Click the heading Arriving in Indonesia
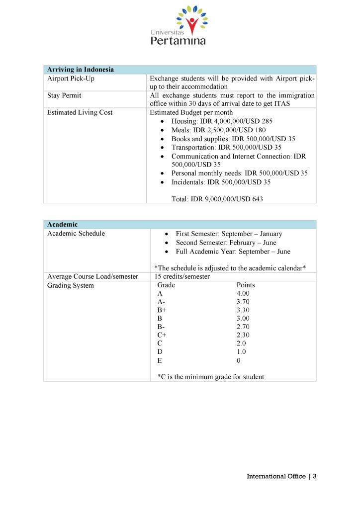point(80,70)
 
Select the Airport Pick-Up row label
point(71,79)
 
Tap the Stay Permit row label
point(64,95)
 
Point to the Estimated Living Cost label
point(80,112)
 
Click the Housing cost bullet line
point(222,121)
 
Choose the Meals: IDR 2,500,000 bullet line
point(218,130)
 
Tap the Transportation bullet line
point(226,147)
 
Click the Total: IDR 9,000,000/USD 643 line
point(217,199)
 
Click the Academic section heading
point(62,225)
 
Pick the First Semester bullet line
point(229,234)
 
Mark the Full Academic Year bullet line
point(233,252)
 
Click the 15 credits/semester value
point(182,276)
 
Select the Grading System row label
point(70,285)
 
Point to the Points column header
point(246,285)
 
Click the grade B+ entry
point(162,310)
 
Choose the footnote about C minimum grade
point(210,377)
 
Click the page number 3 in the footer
point(314,476)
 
